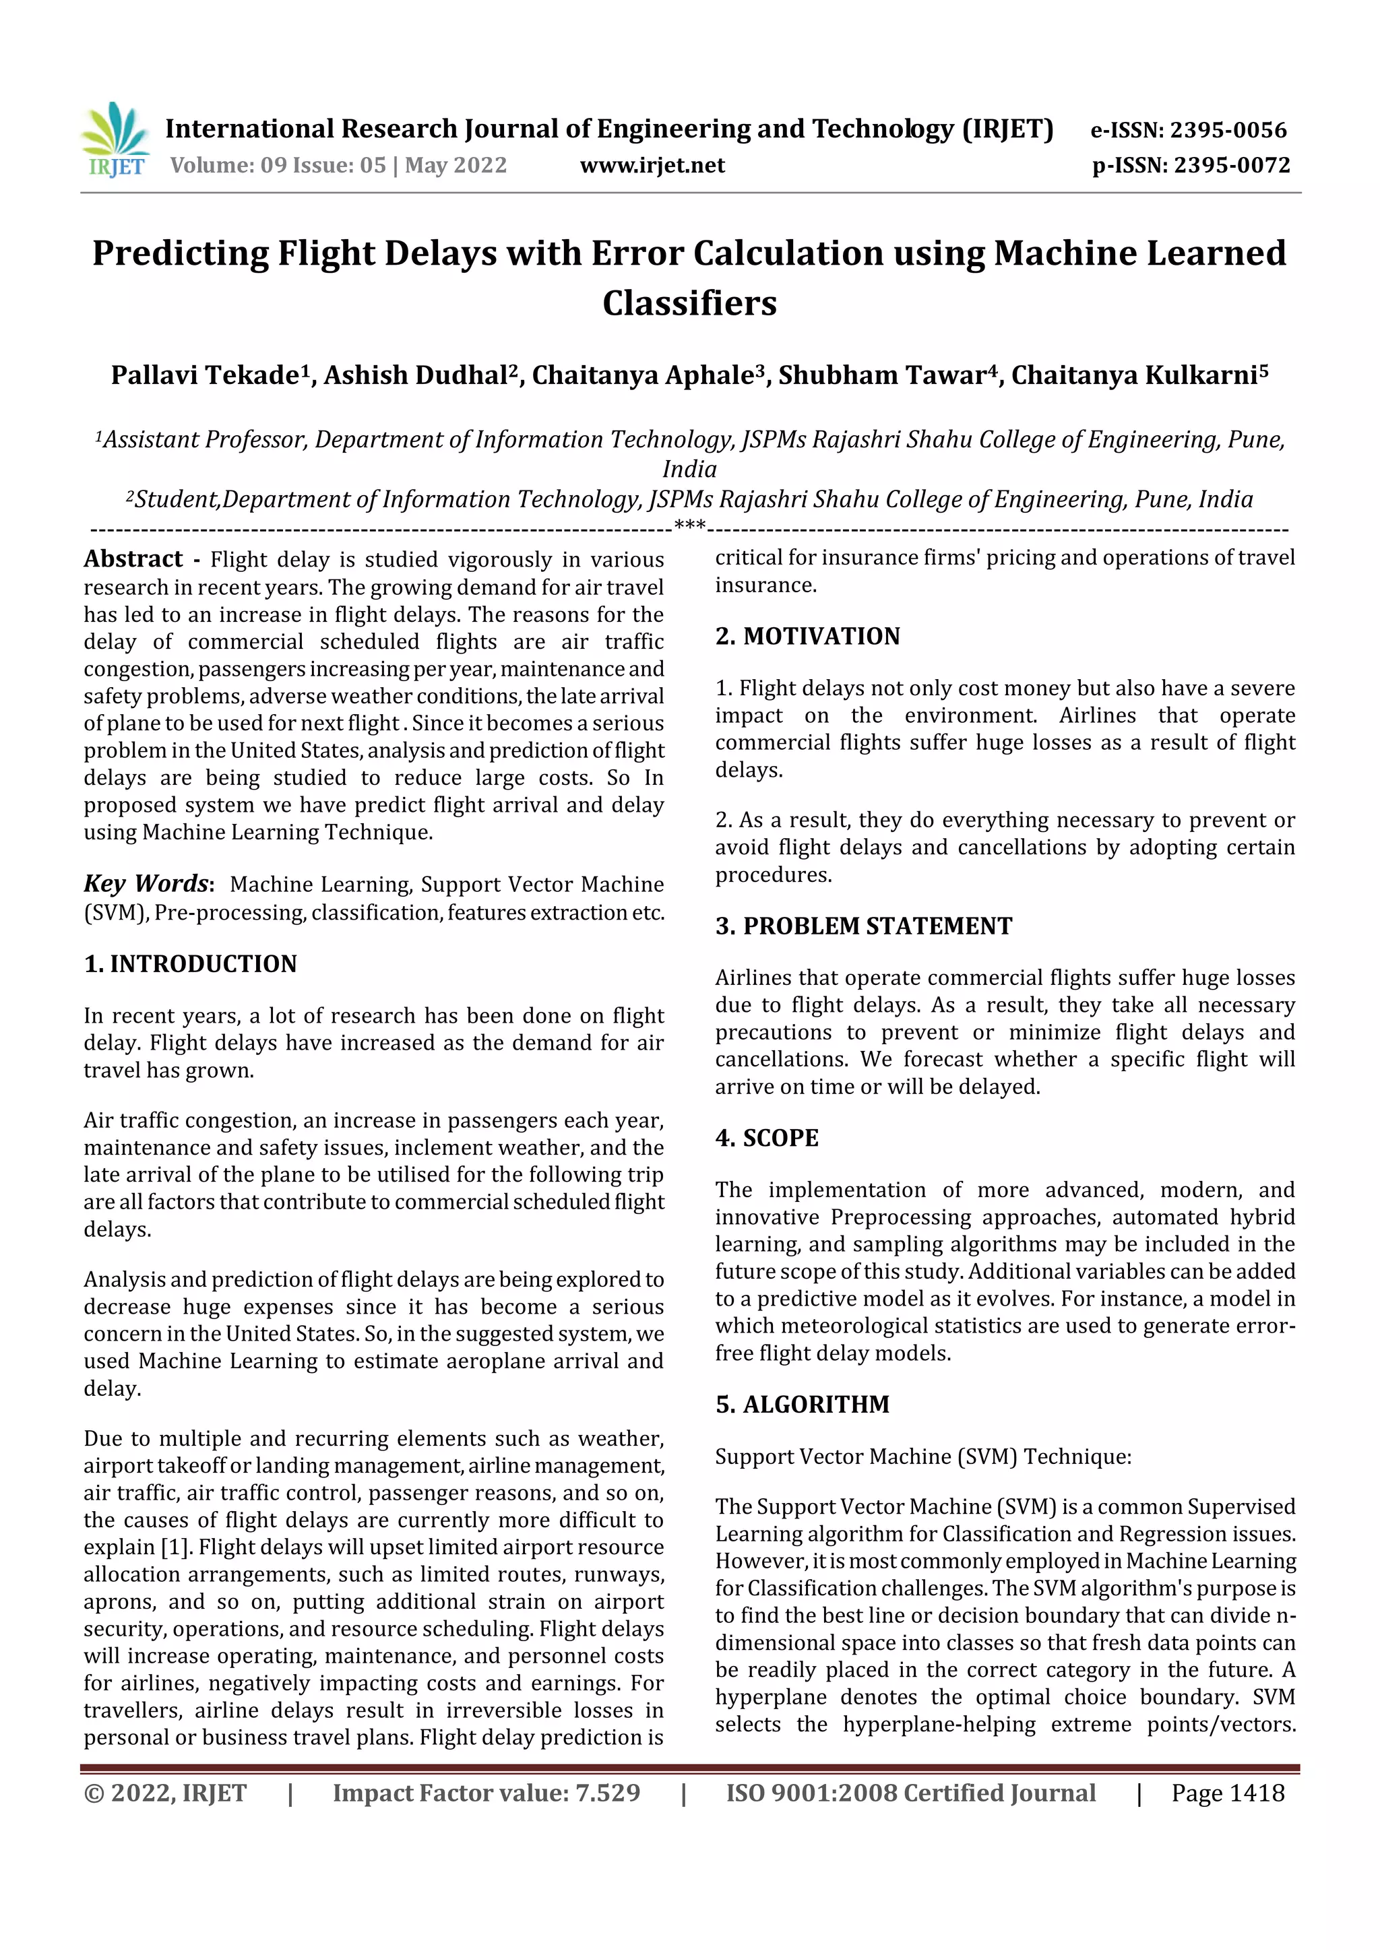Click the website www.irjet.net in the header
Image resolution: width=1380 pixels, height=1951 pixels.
652,165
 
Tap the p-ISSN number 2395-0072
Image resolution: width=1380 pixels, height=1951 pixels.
1231,165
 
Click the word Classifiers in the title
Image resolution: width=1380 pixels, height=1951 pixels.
689,303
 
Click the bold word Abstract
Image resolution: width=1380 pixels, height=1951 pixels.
133,558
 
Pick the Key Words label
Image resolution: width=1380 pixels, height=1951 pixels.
146,884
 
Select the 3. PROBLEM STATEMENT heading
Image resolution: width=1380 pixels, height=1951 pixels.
863,926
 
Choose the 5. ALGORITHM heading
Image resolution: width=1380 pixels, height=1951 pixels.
802,1404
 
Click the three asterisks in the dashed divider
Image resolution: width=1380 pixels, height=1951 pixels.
689,526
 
